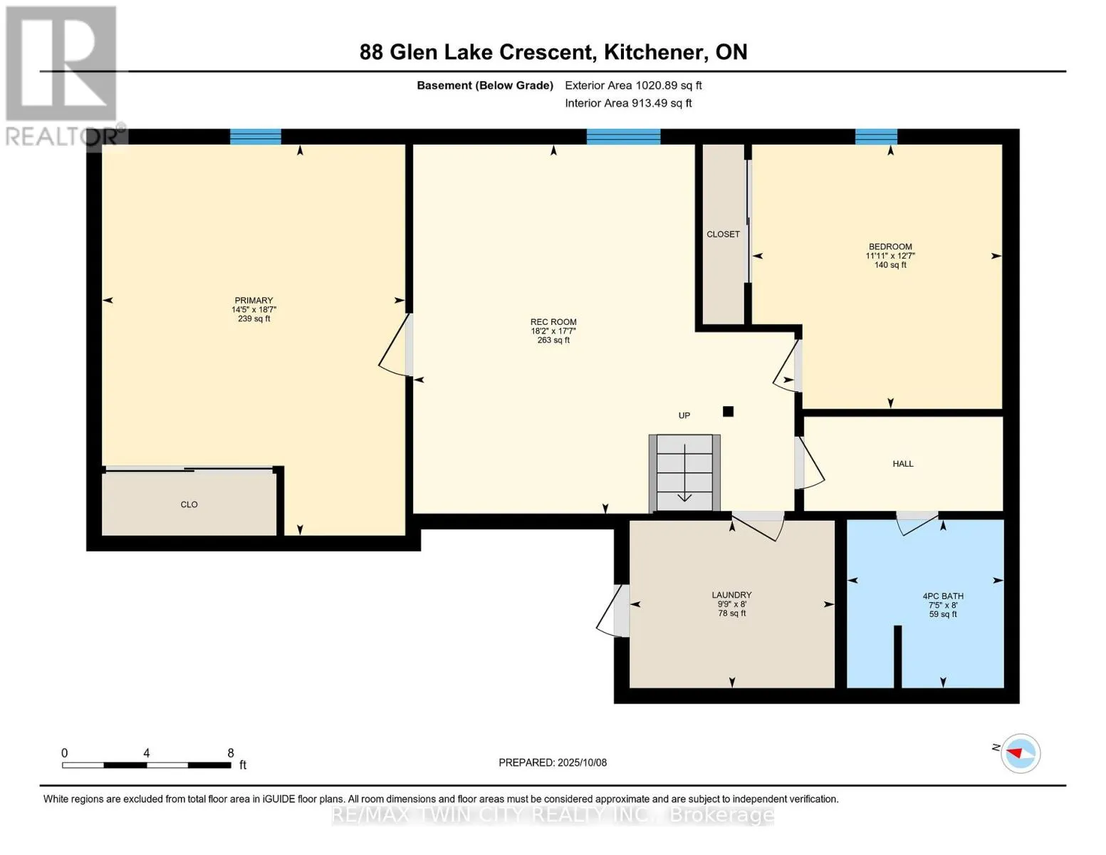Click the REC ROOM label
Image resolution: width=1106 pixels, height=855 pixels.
coord(553,322)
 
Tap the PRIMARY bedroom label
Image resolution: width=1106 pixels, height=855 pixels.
coord(254,301)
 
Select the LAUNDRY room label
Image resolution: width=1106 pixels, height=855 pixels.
coord(731,595)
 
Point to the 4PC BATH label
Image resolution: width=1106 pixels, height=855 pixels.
coord(943,596)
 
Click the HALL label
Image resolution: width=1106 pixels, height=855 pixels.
coord(903,464)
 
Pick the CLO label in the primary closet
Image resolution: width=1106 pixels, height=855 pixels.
coord(189,504)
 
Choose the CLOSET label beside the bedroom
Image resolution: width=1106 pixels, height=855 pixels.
coord(723,234)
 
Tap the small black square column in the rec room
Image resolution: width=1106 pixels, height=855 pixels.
coord(728,411)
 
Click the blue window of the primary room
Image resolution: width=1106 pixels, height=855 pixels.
coord(256,137)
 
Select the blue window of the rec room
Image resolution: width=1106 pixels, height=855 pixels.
coord(623,137)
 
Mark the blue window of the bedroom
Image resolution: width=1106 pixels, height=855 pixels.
coord(876,137)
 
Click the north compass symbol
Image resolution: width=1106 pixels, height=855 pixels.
coord(1021,753)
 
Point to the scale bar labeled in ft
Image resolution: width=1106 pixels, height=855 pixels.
coord(147,765)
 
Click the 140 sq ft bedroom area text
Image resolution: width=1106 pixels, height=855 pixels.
coord(890,265)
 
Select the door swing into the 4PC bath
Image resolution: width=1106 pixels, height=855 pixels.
coord(917,524)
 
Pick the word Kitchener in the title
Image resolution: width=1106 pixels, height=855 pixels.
coord(651,52)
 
